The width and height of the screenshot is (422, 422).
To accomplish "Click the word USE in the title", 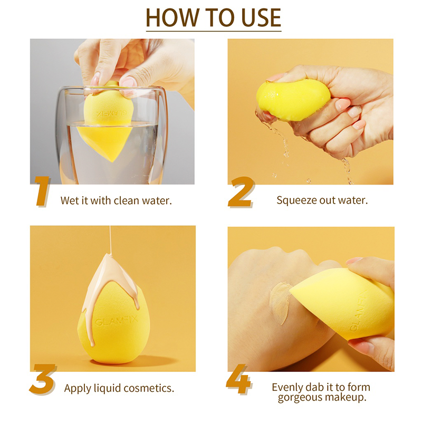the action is point(261,18).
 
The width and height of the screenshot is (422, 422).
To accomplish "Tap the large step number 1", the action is point(43,191).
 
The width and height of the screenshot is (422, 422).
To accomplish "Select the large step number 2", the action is point(241,192).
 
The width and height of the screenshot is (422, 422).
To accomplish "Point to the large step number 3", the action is point(43,379).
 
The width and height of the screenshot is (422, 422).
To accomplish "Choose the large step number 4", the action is point(238,379).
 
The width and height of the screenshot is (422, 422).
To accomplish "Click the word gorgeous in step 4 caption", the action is point(298,398).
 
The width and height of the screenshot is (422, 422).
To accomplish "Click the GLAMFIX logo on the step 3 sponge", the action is point(116,321).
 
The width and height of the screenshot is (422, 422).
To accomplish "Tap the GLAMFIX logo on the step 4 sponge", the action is point(359,310).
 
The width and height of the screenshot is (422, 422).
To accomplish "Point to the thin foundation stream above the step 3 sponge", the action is point(110,239).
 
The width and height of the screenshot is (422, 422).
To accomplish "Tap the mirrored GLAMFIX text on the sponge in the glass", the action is point(111,113).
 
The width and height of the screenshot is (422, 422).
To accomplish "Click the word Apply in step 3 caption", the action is point(78,389).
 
